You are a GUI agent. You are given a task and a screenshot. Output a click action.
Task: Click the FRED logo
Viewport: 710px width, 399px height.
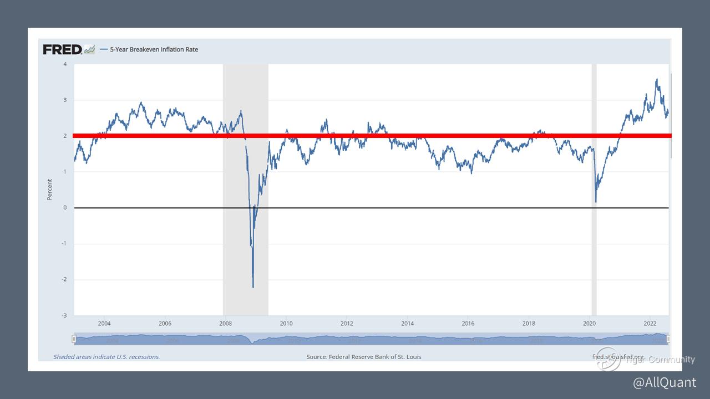(x=62, y=49)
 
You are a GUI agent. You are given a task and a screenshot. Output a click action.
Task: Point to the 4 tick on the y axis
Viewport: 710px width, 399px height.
(x=65, y=64)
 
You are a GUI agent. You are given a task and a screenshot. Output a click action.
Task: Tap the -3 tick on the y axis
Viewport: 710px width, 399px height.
(x=64, y=315)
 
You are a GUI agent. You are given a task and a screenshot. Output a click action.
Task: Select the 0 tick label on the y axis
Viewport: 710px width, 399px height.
(x=65, y=208)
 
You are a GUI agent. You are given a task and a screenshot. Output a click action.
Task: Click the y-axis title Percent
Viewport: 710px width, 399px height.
(x=49, y=190)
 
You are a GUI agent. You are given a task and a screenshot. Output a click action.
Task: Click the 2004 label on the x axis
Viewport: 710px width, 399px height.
(x=104, y=323)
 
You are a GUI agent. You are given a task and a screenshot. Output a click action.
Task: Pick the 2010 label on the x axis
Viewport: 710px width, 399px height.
(x=286, y=323)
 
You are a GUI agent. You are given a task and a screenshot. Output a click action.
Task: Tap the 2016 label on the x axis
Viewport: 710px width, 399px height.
(x=468, y=323)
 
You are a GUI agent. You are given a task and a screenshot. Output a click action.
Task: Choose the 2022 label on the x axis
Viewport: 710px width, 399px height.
(x=650, y=323)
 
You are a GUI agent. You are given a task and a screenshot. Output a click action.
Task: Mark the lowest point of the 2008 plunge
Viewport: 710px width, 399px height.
(x=253, y=287)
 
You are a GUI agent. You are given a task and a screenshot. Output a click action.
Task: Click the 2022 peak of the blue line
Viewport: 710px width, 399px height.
(x=657, y=79)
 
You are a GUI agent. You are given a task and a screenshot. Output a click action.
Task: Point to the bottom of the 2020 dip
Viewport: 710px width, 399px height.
(x=596, y=202)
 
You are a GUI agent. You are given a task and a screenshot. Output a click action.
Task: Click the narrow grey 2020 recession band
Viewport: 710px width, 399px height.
(x=594, y=249)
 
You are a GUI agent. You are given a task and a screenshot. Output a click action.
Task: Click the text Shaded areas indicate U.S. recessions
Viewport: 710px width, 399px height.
(x=106, y=357)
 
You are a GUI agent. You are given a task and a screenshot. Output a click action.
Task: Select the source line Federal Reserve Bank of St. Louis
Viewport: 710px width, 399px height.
(x=364, y=357)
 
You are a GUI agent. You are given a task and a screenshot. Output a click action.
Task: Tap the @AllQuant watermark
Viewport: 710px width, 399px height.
(x=665, y=382)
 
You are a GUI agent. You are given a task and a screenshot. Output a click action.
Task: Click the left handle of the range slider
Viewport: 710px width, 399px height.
(x=74, y=339)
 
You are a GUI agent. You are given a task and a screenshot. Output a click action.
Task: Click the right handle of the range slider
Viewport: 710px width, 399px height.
(x=668, y=339)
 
